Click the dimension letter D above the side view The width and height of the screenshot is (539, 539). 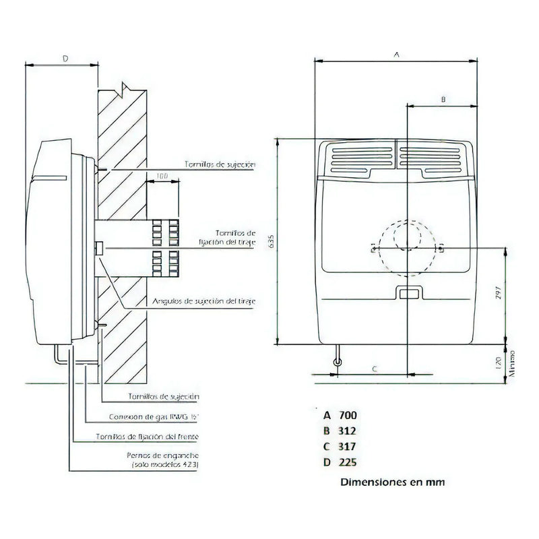click(x=65, y=59)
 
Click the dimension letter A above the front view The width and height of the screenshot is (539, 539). click(x=396, y=53)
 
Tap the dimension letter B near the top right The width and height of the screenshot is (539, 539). click(x=443, y=99)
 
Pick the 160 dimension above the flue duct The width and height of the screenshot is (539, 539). click(x=162, y=177)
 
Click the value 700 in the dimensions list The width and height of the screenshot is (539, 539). click(x=348, y=415)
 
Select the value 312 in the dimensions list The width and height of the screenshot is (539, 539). click(x=348, y=431)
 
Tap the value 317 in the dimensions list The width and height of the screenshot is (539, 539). click(x=348, y=446)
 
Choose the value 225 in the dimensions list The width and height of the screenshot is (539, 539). click(x=348, y=462)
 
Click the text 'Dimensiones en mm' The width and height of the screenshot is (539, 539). click(x=392, y=482)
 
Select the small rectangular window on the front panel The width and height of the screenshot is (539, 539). click(x=408, y=293)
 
